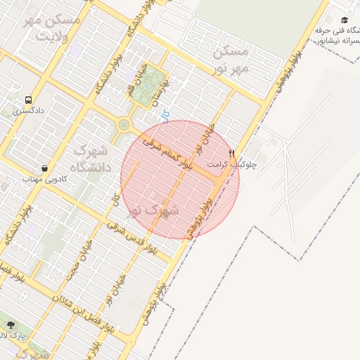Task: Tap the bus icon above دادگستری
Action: pos(28,100)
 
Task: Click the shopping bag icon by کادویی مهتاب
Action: pos(45,169)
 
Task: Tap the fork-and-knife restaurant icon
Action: pos(232,153)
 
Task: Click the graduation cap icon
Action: pos(345,20)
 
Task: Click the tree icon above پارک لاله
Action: pos(11,325)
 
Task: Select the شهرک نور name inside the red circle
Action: pos(152,209)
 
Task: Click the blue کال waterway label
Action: pos(165,115)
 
